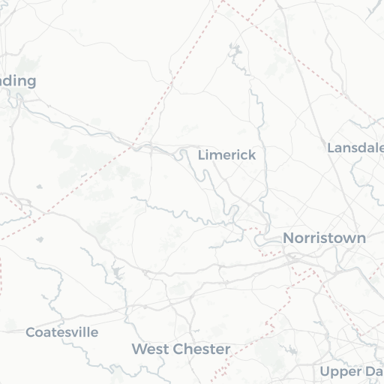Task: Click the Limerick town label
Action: pos(226,155)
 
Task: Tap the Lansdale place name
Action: pos(355,148)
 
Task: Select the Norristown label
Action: pos(324,238)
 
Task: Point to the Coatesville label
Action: pos(61,331)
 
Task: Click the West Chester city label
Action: pos(181,349)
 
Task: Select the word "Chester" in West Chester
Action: pos(201,349)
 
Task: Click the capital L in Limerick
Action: pos(202,155)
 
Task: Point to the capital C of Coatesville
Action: pos(30,331)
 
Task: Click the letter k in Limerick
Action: pos(252,155)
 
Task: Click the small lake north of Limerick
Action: pos(235,52)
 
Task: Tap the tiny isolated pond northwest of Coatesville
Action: pos(40,239)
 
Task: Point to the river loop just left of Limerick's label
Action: pos(183,155)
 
